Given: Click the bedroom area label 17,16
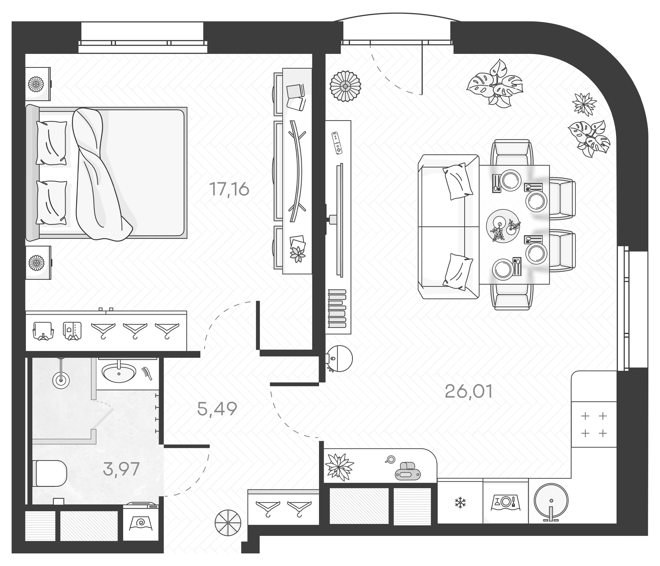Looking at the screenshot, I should tap(229, 189).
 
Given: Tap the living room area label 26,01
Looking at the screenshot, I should tap(468, 391).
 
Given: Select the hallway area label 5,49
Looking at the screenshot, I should tap(217, 409).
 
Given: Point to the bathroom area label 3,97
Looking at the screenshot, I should tap(121, 469).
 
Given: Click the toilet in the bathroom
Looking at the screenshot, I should tap(49, 473).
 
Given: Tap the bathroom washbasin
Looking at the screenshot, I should tap(118, 373).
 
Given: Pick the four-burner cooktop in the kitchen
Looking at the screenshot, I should tap(594, 425).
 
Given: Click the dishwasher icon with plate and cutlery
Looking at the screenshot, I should tap(506, 502).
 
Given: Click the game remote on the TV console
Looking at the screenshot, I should tap(337, 143).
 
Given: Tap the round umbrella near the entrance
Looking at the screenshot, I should tap(228, 523).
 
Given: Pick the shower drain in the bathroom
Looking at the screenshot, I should tap(61, 380).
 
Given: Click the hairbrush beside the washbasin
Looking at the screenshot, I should tap(147, 373).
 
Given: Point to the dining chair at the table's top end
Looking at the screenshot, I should tap(512, 153).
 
